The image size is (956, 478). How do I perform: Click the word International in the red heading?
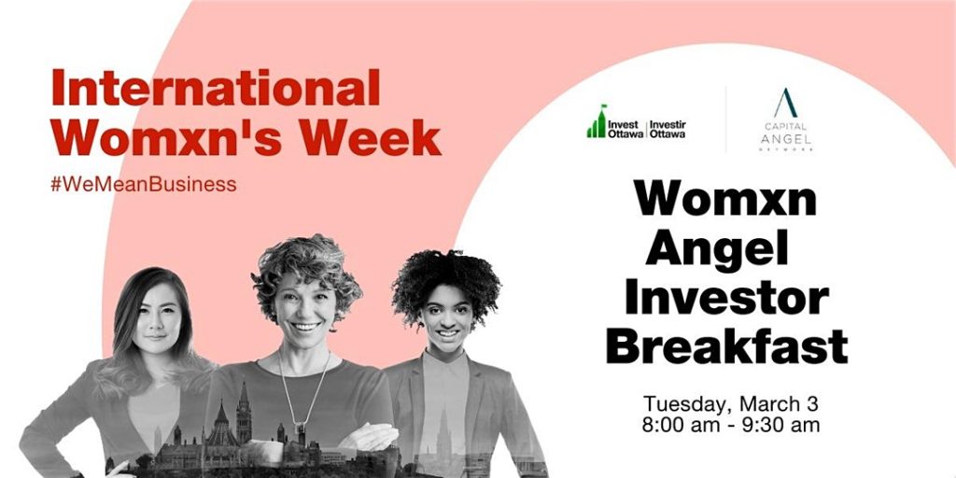tap(216, 88)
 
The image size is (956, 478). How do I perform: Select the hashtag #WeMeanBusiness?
tap(143, 184)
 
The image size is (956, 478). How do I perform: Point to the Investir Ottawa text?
tap(667, 129)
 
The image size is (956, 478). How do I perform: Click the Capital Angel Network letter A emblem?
tap(785, 103)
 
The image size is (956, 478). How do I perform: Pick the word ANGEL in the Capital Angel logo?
tap(785, 139)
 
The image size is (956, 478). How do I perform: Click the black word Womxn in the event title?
tap(724, 198)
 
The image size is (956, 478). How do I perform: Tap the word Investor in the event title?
tap(726, 298)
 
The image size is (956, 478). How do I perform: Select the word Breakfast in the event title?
tap(726, 345)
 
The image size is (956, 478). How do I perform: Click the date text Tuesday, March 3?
tap(730, 403)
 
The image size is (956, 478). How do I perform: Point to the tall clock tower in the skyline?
tap(244, 413)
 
